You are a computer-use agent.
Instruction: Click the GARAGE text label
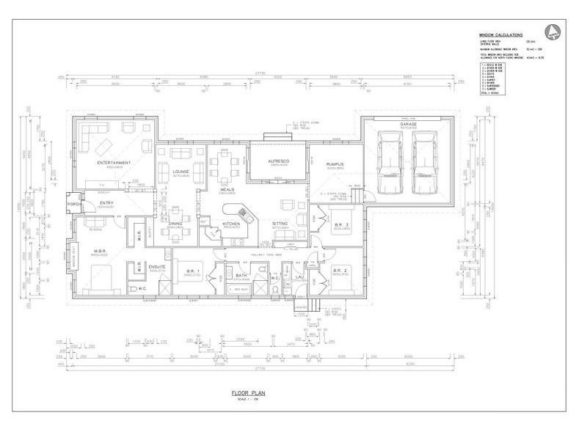pos(408,124)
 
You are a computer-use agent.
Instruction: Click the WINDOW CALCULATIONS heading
pos(501,34)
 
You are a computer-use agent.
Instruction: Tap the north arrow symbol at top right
pos(555,32)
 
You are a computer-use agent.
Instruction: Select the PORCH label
pos(73,205)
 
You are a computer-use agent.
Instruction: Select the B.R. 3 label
pos(340,224)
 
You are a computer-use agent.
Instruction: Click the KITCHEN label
pos(232,224)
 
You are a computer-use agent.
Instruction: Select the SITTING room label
pos(280,224)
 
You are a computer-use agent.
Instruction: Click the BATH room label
pos(240,276)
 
